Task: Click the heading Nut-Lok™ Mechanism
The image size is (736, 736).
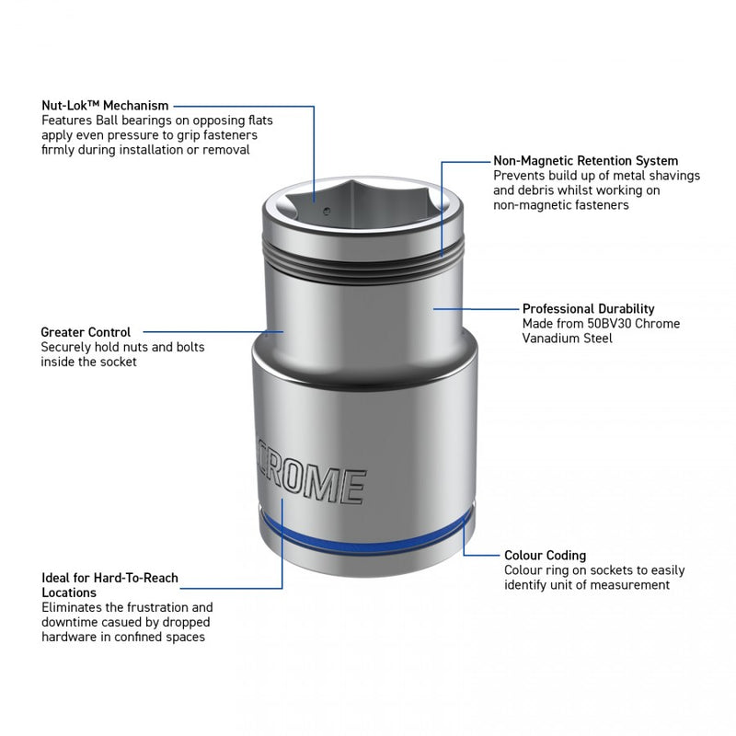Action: click(x=105, y=106)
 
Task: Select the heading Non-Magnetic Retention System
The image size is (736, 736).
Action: click(x=585, y=161)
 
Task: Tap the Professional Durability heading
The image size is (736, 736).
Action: click(x=588, y=309)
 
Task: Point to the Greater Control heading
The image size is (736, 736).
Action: click(x=86, y=332)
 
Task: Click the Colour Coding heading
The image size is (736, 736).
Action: click(x=545, y=556)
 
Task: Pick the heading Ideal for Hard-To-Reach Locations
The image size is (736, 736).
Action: click(x=109, y=585)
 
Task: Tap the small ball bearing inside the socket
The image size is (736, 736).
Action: click(x=327, y=212)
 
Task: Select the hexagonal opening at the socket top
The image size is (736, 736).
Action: click(x=363, y=206)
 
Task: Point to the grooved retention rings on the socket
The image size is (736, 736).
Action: click(x=362, y=260)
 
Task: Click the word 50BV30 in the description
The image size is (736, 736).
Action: click(x=609, y=324)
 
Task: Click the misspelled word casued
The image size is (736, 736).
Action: click(x=137, y=623)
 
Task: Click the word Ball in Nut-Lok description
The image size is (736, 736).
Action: click(x=107, y=121)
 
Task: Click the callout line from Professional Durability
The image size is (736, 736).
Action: click(x=476, y=309)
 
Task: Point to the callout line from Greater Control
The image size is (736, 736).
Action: click(x=213, y=332)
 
